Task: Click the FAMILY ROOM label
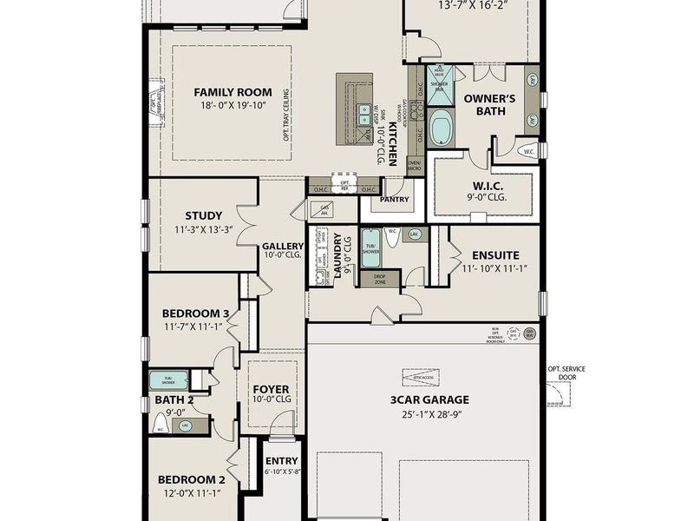232,92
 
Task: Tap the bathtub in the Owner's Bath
441,128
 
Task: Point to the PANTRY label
394,199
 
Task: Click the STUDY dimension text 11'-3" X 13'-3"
203,230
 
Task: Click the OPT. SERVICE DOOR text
566,373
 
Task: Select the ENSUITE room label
495,255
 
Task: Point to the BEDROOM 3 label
195,313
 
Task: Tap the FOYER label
271,388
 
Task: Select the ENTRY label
282,461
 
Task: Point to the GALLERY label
283,246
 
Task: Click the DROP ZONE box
380,280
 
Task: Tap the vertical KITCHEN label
392,143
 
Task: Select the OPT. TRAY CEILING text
285,114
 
